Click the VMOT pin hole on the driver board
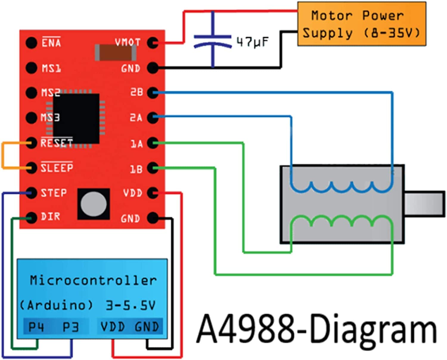click(152, 43)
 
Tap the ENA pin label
click(51, 43)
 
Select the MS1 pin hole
click(31, 68)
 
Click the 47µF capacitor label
click(252, 42)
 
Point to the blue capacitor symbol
click(212, 40)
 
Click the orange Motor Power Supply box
click(361, 24)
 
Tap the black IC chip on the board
click(76, 118)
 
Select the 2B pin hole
click(152, 92)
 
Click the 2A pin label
click(136, 118)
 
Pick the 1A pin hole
click(152, 143)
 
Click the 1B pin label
click(136, 169)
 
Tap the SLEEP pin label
click(57, 168)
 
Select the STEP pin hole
click(31, 193)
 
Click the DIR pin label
click(50, 217)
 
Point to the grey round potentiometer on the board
click(94, 204)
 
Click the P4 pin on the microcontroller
click(36, 327)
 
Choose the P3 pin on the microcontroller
click(71, 327)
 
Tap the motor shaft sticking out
click(424, 203)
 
